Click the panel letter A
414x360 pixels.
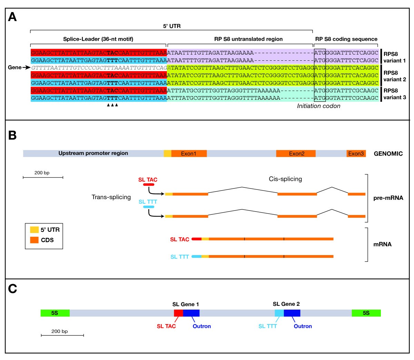12,17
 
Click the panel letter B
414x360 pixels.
12,135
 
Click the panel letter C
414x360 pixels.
12,289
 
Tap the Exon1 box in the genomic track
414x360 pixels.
189,154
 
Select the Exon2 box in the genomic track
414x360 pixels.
296,154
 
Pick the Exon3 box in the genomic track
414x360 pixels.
356,154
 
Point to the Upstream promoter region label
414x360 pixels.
93,153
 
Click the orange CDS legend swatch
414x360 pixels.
34,240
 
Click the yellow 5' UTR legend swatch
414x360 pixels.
34,230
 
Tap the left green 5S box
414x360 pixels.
55,313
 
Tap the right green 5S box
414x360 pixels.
366,313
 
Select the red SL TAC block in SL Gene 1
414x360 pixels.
178,313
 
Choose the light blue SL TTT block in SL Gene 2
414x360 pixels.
279,313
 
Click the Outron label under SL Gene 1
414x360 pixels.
201,326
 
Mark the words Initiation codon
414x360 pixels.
318,106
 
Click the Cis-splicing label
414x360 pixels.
285,179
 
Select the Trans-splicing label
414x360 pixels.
111,197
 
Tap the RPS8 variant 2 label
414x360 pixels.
395,76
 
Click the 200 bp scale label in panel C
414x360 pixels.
59,331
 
